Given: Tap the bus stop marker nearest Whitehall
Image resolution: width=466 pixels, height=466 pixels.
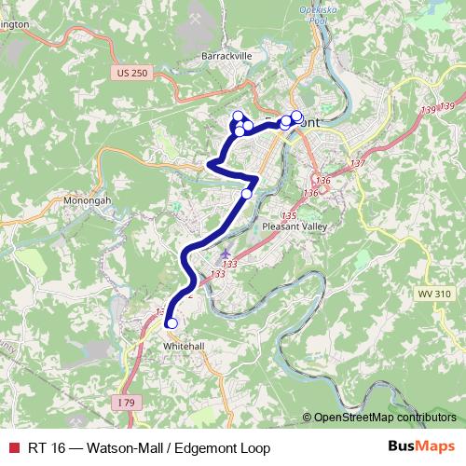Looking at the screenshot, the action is tap(171, 323).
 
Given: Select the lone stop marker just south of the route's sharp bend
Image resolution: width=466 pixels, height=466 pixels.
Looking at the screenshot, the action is tap(247, 194).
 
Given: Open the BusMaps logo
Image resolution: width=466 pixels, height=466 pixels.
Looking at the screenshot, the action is tap(422, 447).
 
